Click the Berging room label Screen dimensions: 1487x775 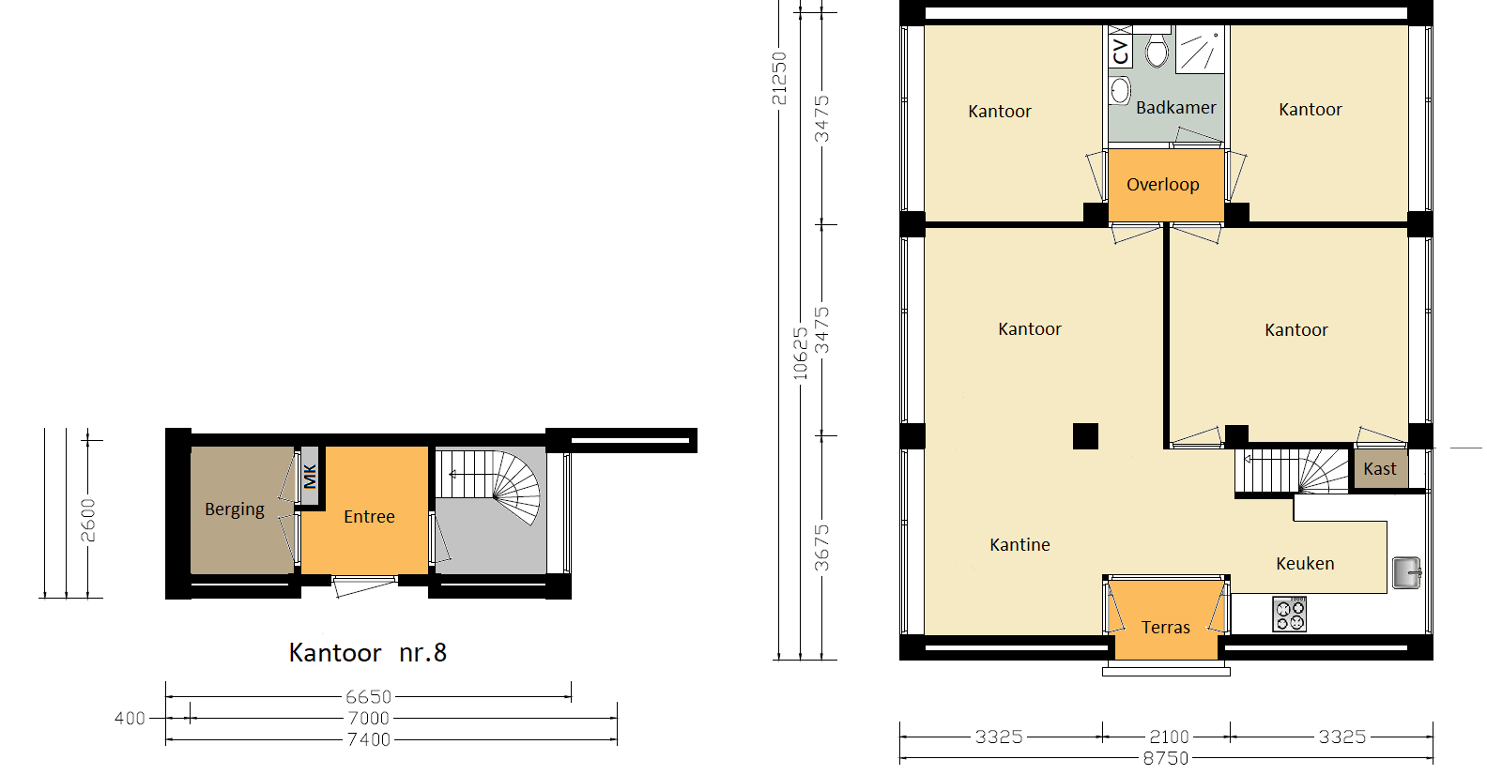tap(235, 509)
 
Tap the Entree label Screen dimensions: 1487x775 tap(369, 516)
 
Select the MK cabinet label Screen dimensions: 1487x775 tap(310, 477)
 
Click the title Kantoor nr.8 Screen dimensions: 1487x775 tap(368, 653)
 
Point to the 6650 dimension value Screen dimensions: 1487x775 tap(368, 697)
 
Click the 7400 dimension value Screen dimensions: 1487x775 tap(369, 739)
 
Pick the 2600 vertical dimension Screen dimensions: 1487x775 tap(88, 520)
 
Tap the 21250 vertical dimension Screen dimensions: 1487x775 tap(779, 78)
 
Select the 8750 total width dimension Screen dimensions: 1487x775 tap(1166, 758)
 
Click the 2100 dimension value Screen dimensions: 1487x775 tap(1169, 737)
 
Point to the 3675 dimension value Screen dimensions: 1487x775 tap(821, 548)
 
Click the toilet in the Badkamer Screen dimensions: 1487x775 tap(1157, 49)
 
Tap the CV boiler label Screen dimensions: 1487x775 tap(1121, 52)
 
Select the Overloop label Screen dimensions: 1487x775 tap(1163, 185)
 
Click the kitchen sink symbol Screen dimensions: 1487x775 tap(1406, 572)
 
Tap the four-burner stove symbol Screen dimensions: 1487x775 tap(1290, 614)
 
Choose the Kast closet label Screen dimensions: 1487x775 tap(1380, 469)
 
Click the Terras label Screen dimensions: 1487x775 tap(1166, 627)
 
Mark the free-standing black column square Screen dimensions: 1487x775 tap(1085, 436)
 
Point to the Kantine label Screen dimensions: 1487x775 tap(1019, 545)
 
